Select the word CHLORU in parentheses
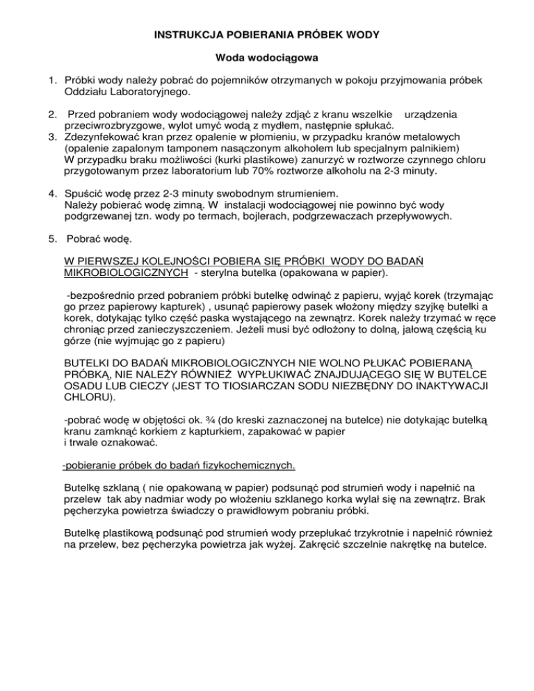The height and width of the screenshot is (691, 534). tap(86, 397)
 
